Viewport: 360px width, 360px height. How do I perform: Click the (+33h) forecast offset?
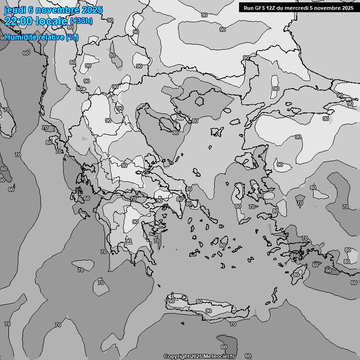coord(81,21)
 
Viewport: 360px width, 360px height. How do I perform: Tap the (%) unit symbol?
coord(72,37)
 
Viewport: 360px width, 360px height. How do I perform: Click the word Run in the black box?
coord(248,7)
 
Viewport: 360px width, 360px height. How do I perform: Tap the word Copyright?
coord(176,357)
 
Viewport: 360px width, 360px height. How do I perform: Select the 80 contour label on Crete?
coord(199,301)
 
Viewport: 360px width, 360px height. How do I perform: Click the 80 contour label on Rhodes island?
coord(296,275)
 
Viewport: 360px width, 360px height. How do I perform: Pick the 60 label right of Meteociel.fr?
coord(248,356)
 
